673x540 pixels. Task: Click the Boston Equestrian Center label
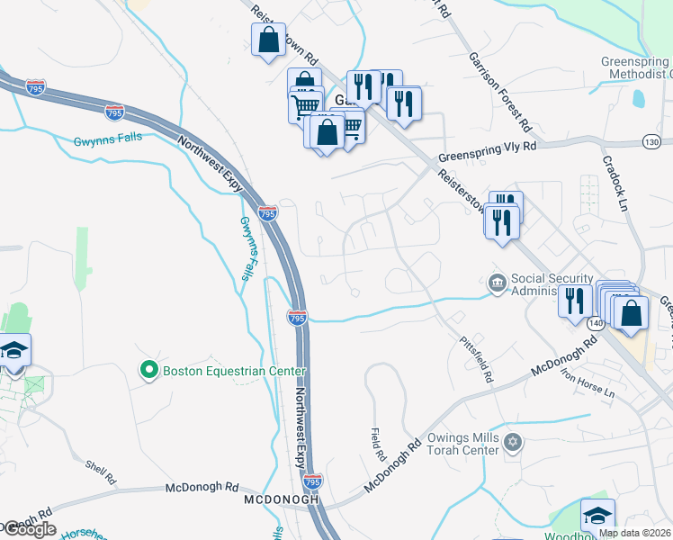pos(234,371)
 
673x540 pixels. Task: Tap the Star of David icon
pos(514,442)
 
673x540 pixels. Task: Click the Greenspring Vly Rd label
pos(487,150)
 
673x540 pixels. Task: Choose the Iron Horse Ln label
pos(586,384)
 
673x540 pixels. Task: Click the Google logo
pos(29,529)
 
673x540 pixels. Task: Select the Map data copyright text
pos(634,533)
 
